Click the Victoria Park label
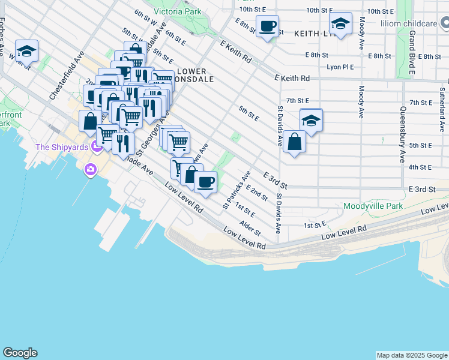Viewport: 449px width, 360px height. tap(177, 11)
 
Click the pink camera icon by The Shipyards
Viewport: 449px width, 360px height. tap(91, 170)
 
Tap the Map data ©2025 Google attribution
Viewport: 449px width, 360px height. tap(411, 355)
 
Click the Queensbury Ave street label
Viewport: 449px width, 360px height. tap(402, 135)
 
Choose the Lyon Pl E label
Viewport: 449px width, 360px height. tap(340, 67)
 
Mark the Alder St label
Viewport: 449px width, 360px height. tap(250, 228)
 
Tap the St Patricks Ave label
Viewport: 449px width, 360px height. tap(236, 190)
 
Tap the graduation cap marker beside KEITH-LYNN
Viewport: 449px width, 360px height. tap(340, 25)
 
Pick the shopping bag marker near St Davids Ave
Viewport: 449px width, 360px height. tap(295, 142)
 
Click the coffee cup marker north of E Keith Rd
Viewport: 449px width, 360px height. tap(268, 26)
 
